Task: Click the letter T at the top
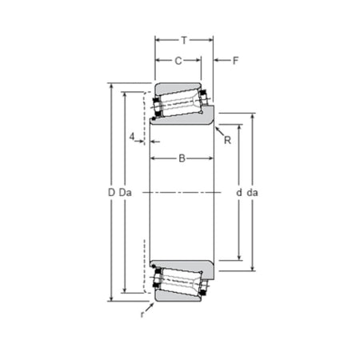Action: point(183,39)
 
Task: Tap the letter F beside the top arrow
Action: point(234,60)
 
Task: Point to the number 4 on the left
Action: point(131,137)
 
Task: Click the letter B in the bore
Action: point(182,158)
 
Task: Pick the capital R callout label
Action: point(227,141)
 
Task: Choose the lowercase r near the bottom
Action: point(142,314)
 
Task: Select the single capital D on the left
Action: point(111,193)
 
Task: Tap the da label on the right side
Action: point(253,193)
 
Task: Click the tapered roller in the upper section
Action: point(181,102)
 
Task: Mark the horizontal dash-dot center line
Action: point(184,192)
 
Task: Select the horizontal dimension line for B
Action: point(168,158)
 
